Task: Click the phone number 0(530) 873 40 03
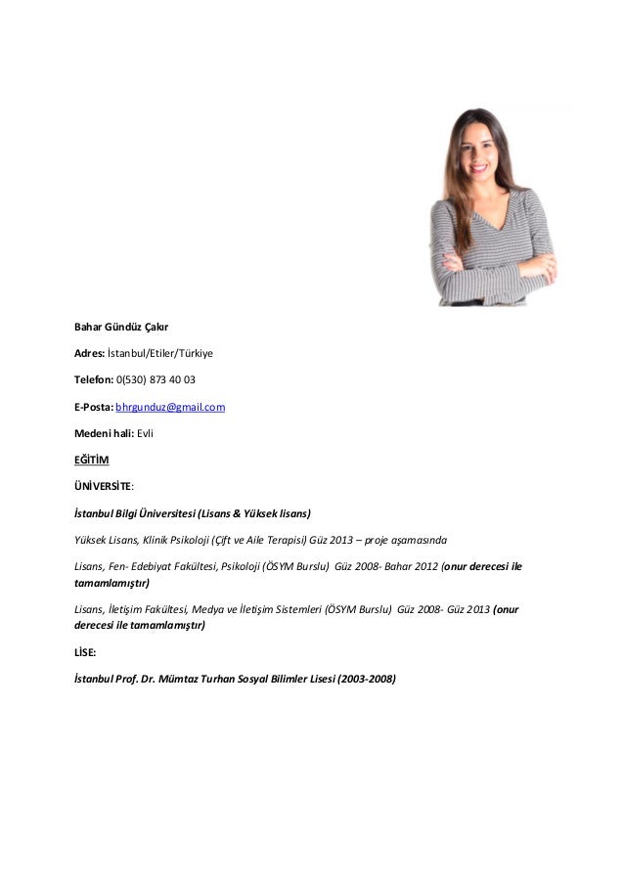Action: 156,378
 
